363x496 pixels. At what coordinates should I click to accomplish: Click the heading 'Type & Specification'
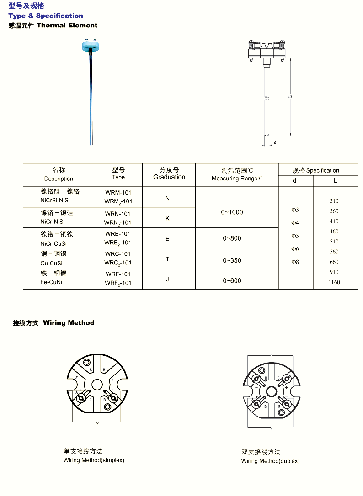tap(46, 16)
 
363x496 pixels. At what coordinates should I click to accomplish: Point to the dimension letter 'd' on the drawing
tap(275, 142)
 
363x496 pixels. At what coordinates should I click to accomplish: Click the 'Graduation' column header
tap(169, 177)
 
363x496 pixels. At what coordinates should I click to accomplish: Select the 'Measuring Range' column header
tap(237, 179)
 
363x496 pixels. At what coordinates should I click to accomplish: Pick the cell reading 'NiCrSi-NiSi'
tap(55, 200)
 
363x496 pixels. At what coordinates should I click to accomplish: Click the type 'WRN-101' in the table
tap(118, 214)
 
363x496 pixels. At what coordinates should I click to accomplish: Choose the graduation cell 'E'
tap(167, 238)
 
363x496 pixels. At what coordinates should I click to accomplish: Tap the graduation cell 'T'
tap(167, 259)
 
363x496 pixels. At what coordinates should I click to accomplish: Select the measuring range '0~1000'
tap(232, 212)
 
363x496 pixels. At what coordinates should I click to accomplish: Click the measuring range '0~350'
tap(232, 260)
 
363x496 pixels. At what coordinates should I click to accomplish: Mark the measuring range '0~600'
tap(232, 280)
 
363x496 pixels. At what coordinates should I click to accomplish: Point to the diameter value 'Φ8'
tap(295, 262)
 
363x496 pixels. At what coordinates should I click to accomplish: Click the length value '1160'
tap(334, 282)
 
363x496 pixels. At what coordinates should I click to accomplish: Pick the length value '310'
tap(334, 201)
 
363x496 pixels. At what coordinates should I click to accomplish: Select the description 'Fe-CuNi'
tap(51, 283)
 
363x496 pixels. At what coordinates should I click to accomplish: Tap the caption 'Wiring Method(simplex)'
tap(94, 460)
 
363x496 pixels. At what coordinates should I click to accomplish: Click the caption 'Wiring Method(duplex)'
tap(271, 461)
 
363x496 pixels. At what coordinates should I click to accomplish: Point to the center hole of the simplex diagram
tap(96, 384)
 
